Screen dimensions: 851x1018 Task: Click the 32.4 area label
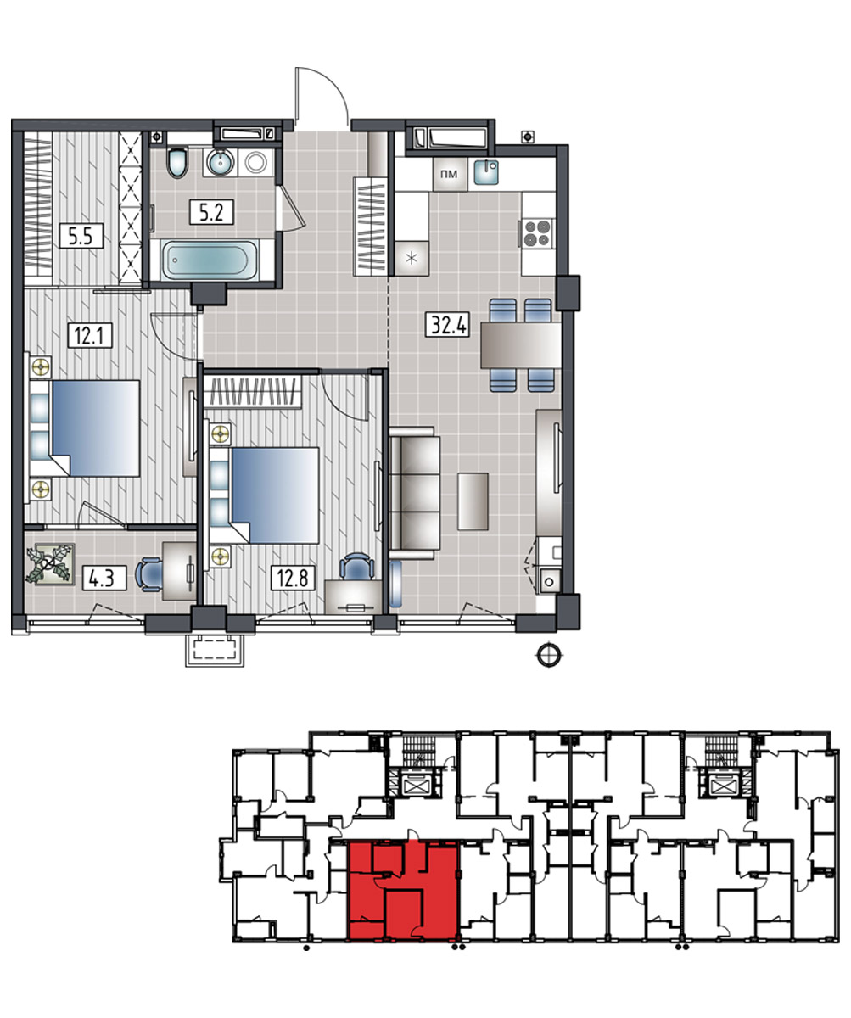[x=448, y=325]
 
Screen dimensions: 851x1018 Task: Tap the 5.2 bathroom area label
[x=211, y=213]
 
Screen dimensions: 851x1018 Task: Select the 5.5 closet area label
[x=81, y=236]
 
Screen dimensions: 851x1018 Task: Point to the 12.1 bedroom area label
[x=90, y=335]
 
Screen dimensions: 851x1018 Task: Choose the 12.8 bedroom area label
[x=293, y=579]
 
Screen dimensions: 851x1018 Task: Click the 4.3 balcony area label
[x=104, y=579]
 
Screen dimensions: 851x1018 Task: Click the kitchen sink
[x=486, y=171]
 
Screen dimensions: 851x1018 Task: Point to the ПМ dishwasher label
[x=449, y=174]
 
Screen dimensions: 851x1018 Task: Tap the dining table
[x=521, y=345]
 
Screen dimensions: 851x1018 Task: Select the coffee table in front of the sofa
[x=473, y=501]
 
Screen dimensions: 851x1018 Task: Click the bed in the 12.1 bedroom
[x=96, y=428]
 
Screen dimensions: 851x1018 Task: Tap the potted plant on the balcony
[x=50, y=564]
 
